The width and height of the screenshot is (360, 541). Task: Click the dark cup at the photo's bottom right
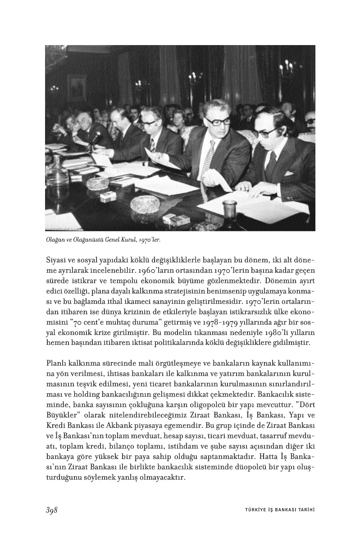[x=229, y=208]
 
